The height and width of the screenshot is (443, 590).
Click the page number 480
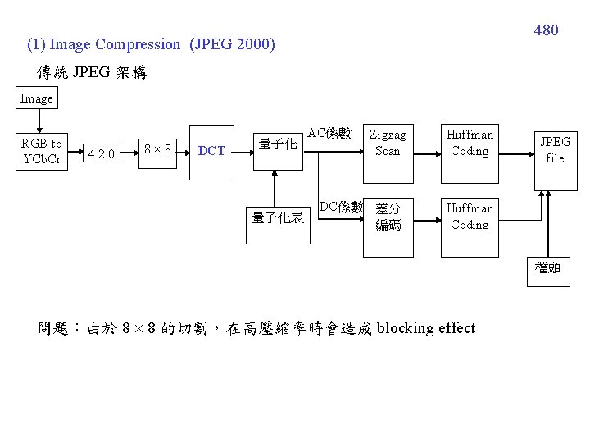(x=546, y=30)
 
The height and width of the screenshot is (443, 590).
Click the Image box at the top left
(x=36, y=98)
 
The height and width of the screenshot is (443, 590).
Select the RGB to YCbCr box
(x=43, y=151)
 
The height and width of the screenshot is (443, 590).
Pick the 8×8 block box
(x=157, y=149)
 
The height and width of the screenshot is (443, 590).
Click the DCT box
(x=212, y=150)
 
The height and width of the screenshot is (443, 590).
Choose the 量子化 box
(x=277, y=145)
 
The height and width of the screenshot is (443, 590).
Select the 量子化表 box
(x=279, y=217)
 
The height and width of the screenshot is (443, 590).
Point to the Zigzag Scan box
(x=388, y=142)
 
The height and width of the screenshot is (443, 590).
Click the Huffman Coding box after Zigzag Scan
(x=470, y=142)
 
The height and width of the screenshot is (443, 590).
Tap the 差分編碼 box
(x=388, y=217)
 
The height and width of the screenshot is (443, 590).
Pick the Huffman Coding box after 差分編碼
(x=470, y=217)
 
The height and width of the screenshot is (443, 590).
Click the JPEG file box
(x=555, y=149)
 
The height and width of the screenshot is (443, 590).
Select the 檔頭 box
(x=547, y=268)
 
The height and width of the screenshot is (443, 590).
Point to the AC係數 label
(x=329, y=133)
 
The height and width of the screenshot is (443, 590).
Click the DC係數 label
(x=340, y=207)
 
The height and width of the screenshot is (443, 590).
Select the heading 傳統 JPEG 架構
(x=92, y=72)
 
